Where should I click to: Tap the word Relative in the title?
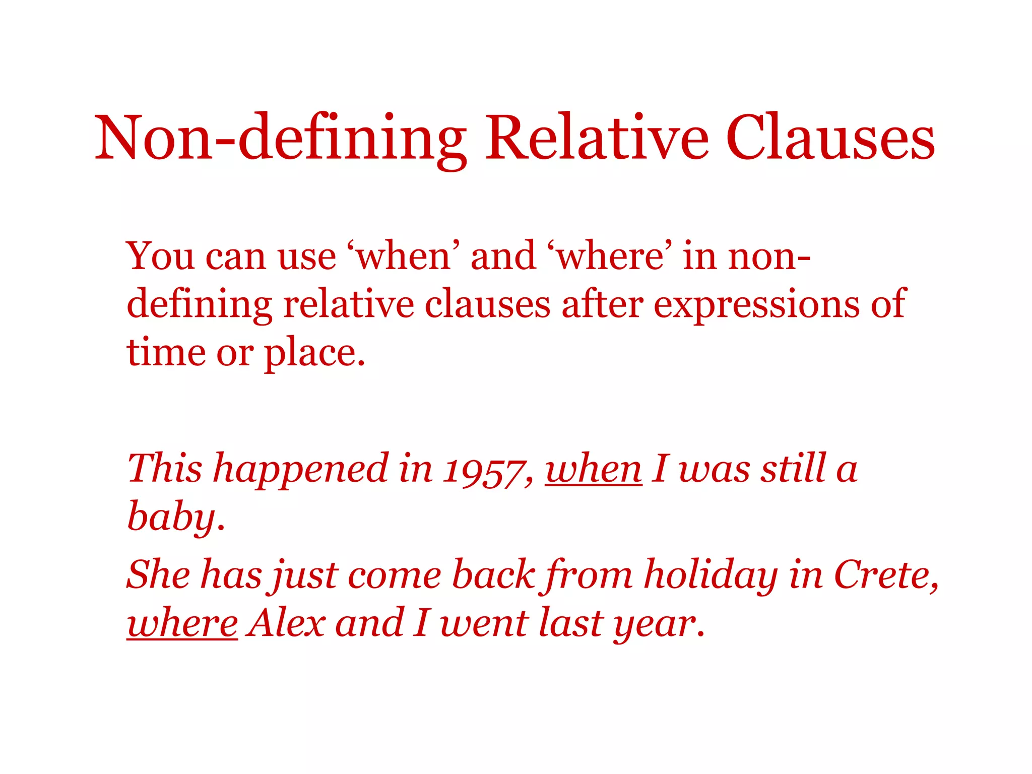(x=597, y=138)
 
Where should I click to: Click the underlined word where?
(x=182, y=623)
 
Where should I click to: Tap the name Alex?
(x=287, y=623)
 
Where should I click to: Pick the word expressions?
(x=756, y=305)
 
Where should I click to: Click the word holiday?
(x=711, y=575)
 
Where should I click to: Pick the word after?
(x=602, y=305)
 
